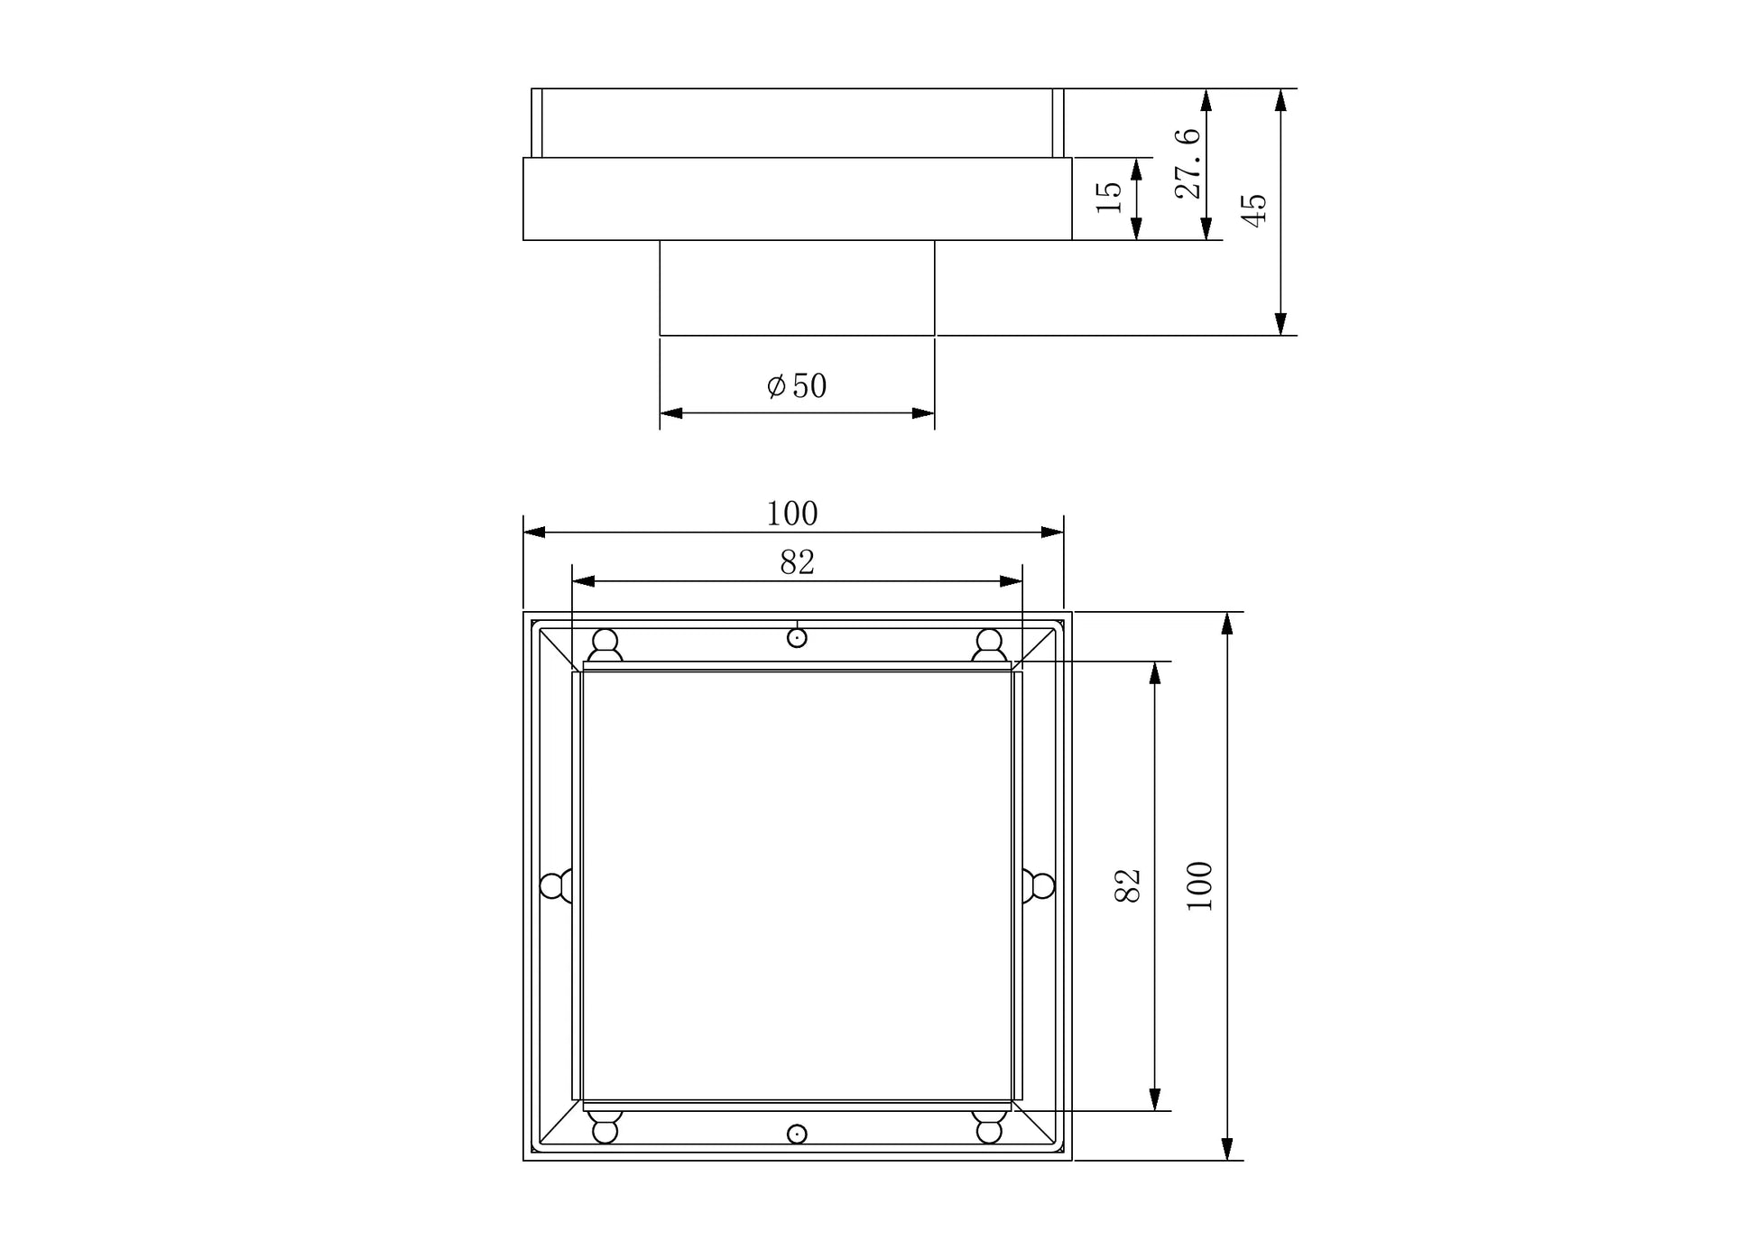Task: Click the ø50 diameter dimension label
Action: click(x=797, y=386)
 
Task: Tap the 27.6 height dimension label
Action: click(x=1188, y=163)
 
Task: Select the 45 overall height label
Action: click(x=1254, y=210)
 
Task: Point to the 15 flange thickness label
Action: click(x=1109, y=197)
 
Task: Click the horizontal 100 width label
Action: click(x=792, y=514)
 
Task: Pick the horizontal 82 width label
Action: click(x=798, y=562)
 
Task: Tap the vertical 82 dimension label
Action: click(x=1129, y=885)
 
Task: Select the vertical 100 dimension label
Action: click(x=1199, y=886)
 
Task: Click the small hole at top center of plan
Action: click(x=797, y=638)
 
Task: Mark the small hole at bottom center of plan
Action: click(x=797, y=1134)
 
